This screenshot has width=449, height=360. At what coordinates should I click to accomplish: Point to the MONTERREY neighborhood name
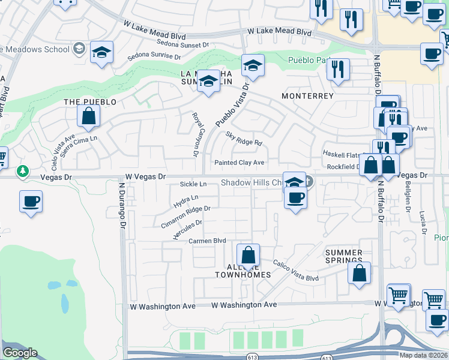tap(307, 96)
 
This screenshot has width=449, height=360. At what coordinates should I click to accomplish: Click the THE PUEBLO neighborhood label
tap(90, 102)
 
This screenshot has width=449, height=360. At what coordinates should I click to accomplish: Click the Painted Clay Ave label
tap(240, 163)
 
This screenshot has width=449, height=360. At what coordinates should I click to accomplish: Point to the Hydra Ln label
tap(186, 198)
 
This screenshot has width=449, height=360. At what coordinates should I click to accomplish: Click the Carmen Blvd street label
tap(207, 241)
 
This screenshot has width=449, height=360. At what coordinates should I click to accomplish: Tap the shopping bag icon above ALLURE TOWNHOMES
tap(248, 256)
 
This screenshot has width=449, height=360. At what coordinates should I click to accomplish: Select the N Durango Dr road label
tap(121, 205)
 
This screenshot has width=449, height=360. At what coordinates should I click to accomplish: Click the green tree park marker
tap(23, 172)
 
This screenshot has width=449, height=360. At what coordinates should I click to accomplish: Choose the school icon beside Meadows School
tap(102, 52)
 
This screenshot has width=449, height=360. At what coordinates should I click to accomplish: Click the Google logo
tap(20, 353)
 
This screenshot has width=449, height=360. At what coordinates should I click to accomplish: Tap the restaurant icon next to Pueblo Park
tap(339, 69)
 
